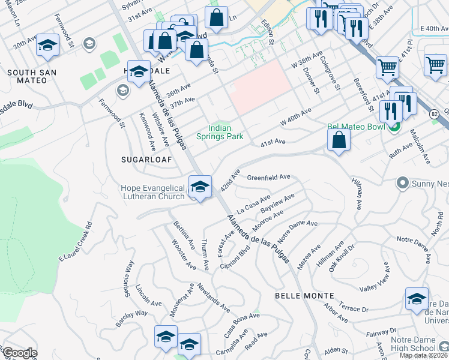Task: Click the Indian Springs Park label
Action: [226, 132]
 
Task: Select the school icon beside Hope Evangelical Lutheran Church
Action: [200, 187]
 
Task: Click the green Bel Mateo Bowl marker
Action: [394, 127]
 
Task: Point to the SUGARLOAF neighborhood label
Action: [146, 160]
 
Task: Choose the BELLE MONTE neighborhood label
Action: [304, 296]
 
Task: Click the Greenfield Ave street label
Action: [269, 178]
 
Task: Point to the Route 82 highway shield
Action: [435, 113]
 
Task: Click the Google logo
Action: [19, 353]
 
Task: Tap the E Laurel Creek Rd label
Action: [75, 242]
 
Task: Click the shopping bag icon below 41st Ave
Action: [339, 142]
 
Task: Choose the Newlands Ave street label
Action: [213, 298]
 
